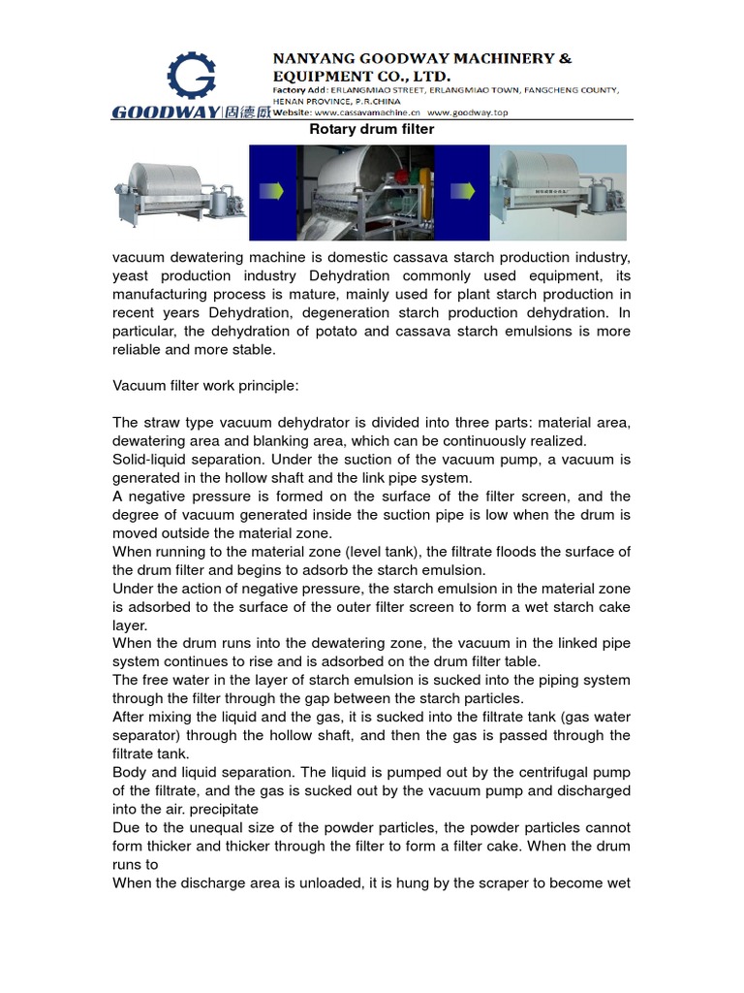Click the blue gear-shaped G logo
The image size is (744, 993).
(x=192, y=76)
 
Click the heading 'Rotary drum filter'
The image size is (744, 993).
(x=371, y=129)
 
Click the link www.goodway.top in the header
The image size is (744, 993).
(x=468, y=112)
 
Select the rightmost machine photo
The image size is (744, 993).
(x=560, y=192)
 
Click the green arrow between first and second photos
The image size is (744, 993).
(x=273, y=192)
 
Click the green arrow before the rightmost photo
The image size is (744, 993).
(x=465, y=192)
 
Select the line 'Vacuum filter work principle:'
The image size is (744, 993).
(x=206, y=386)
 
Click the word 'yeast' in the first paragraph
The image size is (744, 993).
(x=131, y=275)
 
